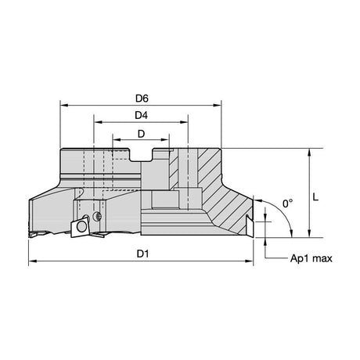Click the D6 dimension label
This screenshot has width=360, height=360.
point(142,99)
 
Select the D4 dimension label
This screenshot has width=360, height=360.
point(141,115)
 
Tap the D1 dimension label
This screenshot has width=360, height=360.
point(142,254)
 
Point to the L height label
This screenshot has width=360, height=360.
point(315,197)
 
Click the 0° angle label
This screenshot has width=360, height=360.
point(287,203)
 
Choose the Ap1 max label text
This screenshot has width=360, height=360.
point(311,258)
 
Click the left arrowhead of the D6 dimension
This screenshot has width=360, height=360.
point(64,106)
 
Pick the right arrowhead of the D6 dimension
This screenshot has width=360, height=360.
point(218,106)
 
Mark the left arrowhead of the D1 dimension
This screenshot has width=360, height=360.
point(32,261)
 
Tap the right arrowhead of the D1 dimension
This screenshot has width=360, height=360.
point(250,261)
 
